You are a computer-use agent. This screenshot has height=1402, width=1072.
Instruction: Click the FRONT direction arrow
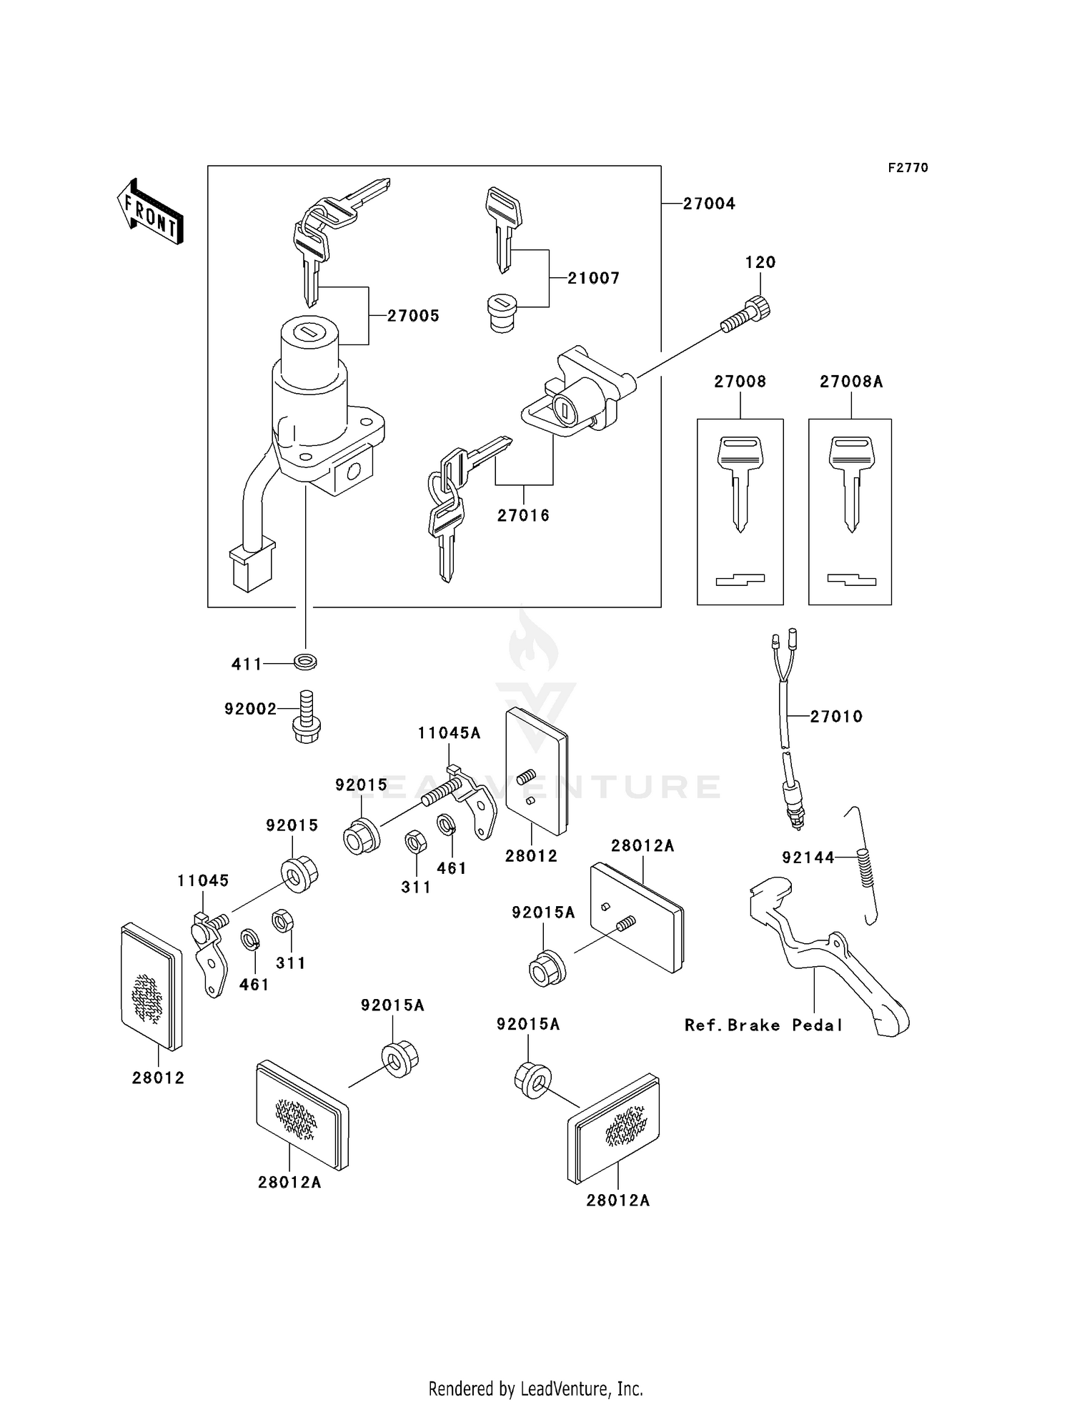(151, 212)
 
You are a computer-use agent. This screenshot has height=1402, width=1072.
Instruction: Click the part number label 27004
(708, 204)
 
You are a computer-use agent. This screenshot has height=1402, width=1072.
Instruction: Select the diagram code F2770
(908, 168)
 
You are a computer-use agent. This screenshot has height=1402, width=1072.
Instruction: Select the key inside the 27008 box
(740, 483)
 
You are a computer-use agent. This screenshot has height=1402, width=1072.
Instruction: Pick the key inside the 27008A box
(850, 483)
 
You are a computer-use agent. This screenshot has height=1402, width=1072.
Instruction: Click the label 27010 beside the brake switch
(836, 717)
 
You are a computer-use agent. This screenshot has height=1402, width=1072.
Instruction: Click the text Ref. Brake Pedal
(763, 1025)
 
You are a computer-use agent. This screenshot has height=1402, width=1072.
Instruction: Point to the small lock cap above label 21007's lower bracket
(502, 314)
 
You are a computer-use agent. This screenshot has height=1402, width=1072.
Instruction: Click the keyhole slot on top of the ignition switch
(309, 332)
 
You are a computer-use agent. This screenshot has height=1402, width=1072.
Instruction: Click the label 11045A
(449, 733)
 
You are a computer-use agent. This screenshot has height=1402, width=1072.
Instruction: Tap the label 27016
(523, 515)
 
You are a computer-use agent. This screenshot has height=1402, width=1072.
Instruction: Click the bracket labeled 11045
(208, 954)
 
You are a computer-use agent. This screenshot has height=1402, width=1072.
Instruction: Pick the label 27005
(413, 316)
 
